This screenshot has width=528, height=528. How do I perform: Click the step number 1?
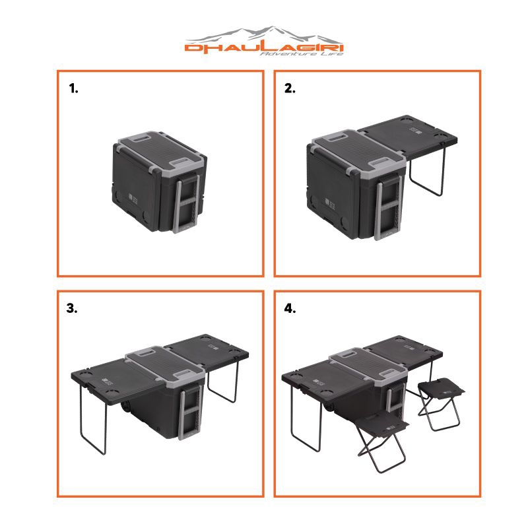[73, 89]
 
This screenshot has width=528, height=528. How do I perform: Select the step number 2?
[290, 89]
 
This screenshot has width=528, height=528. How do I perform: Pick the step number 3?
[73, 308]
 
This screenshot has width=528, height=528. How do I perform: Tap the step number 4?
[290, 308]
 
